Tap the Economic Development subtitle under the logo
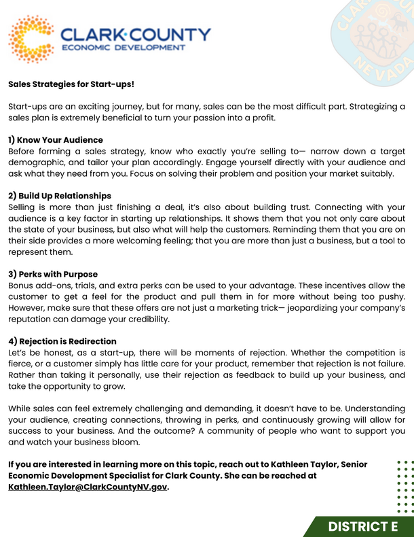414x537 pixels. [123, 48]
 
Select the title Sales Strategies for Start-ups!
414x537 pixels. [71, 85]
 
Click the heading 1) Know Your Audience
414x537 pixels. [56, 140]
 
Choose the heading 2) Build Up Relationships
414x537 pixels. [60, 196]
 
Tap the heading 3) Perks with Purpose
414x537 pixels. [53, 275]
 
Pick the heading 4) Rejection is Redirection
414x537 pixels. [62, 341]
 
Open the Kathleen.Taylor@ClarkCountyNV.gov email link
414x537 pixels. [88, 487]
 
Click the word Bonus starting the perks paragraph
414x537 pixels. [22, 285]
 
